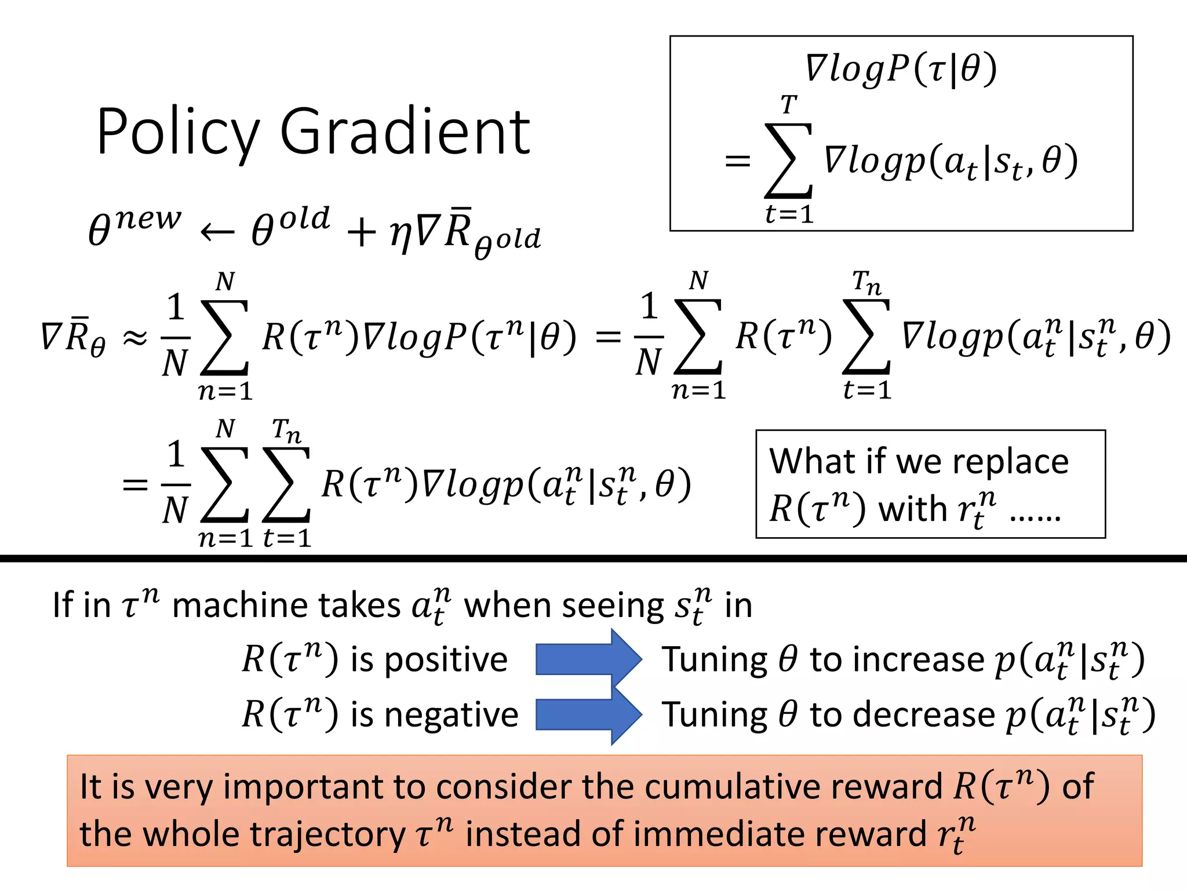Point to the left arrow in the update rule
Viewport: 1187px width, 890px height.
pyautogui.click(x=217, y=233)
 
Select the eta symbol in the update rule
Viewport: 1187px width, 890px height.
pyautogui.click(x=400, y=235)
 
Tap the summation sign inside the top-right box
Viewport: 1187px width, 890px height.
pyautogui.click(x=788, y=161)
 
